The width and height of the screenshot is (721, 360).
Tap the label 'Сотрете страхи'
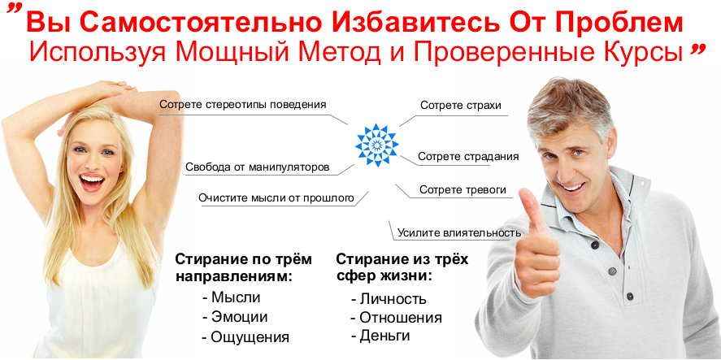tap(460, 106)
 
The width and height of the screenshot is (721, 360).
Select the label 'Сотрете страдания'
tap(467, 156)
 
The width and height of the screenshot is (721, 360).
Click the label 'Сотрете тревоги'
tap(463, 190)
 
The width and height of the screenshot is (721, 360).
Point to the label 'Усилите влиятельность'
tap(458, 232)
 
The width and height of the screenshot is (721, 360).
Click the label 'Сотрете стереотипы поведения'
tap(243, 104)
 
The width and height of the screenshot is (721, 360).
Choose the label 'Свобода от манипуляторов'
tap(257, 167)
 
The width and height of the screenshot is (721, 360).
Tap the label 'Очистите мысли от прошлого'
tap(276, 197)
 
